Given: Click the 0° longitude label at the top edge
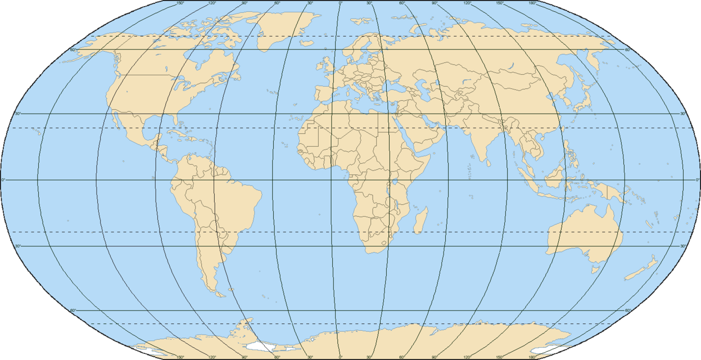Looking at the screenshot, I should coord(340,3).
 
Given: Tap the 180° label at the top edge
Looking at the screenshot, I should coord(532,3).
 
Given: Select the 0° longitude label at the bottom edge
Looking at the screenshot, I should coord(340,357).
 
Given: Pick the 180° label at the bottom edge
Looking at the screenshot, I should coord(532,357).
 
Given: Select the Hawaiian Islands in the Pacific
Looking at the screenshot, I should coord(39,133).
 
